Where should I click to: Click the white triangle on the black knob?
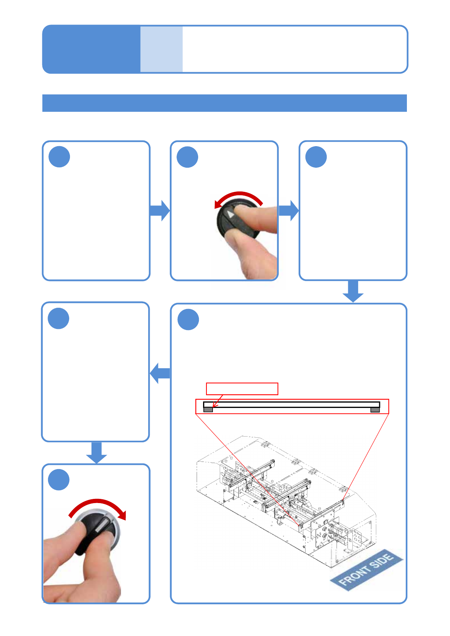point(230,215)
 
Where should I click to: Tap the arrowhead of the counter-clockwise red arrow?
point(218,204)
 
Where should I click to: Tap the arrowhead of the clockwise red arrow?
point(122,515)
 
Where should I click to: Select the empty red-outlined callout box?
point(242,389)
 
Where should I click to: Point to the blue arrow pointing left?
point(160,373)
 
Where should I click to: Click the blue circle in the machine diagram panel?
point(188,320)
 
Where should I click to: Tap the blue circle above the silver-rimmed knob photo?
point(59,480)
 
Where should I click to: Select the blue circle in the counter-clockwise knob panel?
point(188,157)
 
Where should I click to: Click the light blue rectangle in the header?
point(161,49)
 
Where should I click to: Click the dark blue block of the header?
point(91,49)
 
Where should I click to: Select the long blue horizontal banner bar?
point(225,103)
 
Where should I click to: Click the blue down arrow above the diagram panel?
point(353,291)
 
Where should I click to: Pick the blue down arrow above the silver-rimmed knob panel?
point(96,452)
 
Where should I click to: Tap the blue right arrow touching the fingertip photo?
point(289,210)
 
